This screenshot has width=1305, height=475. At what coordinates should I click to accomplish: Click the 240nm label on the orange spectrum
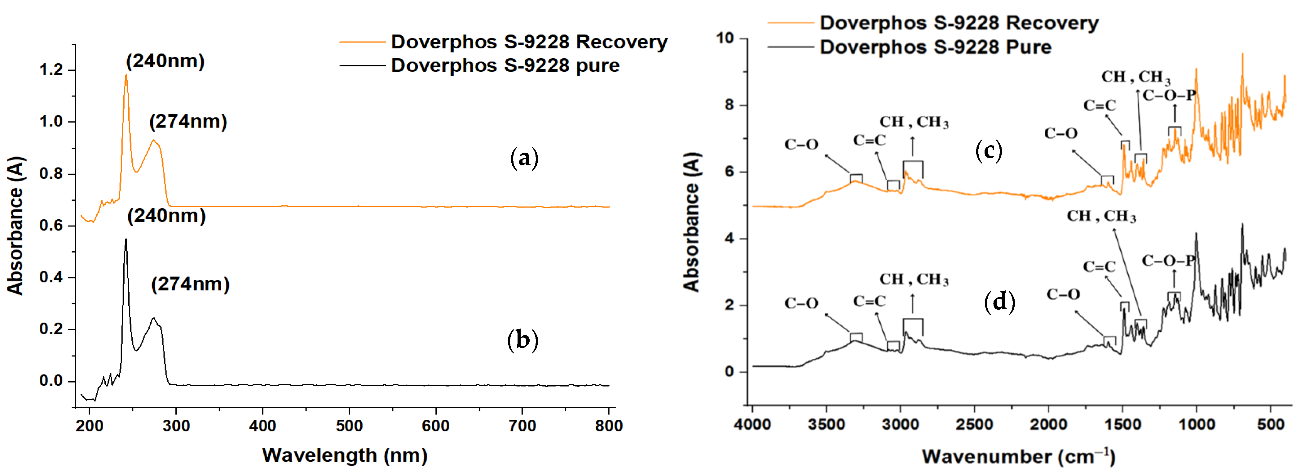(165, 61)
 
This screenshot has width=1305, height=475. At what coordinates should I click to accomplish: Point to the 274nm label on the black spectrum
(191, 285)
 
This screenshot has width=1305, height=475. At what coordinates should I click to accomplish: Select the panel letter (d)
(999, 302)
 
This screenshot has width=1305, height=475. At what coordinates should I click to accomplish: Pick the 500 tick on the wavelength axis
(349, 426)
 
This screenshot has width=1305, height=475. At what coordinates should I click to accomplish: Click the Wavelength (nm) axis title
(345, 455)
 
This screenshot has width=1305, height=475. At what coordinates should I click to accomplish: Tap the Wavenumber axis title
(1018, 456)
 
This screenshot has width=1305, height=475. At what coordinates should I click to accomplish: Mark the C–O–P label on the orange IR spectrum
(1169, 95)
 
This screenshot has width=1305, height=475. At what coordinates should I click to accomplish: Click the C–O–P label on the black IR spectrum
(1168, 261)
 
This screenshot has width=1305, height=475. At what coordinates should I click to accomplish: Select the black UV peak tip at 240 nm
(126, 239)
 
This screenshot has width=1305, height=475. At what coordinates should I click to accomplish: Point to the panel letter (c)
(988, 150)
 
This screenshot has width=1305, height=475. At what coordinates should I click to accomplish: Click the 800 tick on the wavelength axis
(608, 426)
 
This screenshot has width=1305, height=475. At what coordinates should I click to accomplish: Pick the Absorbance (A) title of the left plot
(15, 226)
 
